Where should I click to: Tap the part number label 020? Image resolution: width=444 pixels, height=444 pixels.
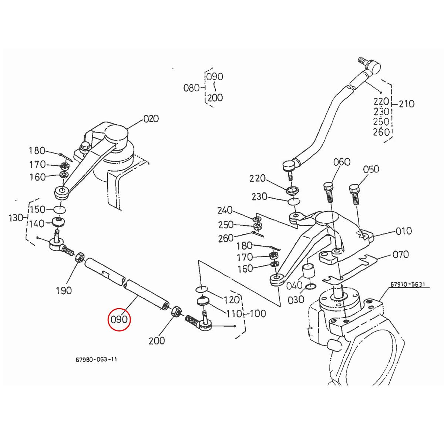tap(151, 119)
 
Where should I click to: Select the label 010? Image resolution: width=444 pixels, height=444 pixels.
tap(404, 231)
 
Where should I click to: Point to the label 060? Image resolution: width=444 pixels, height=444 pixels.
tap(342, 162)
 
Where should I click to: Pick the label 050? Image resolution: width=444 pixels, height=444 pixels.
tap(371, 169)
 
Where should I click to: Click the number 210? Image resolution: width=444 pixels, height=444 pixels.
tap(407, 104)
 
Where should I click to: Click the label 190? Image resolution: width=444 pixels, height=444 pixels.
tap(64, 290)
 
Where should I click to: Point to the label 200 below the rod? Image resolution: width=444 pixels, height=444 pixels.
tap(157, 340)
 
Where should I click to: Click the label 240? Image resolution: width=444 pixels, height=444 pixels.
tap(225, 211)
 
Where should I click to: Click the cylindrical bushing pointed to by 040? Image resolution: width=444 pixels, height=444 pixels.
tap(309, 272)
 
